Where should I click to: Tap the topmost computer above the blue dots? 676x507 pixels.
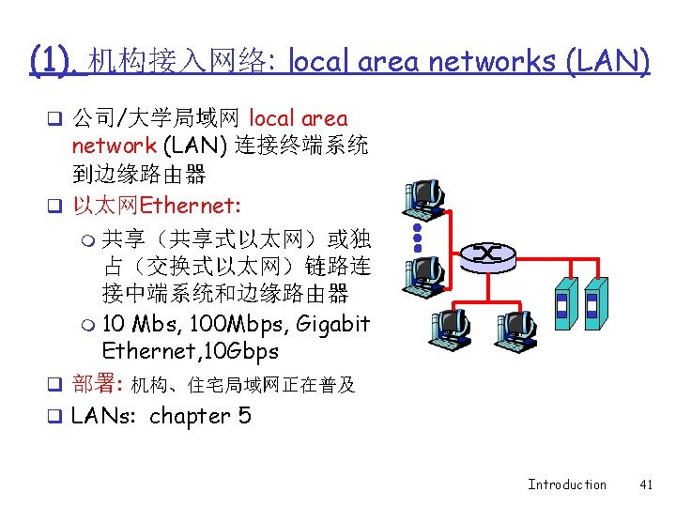tap(423, 196)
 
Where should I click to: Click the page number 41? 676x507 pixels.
tap(645, 484)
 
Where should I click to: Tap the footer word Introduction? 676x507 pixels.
tap(567, 484)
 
